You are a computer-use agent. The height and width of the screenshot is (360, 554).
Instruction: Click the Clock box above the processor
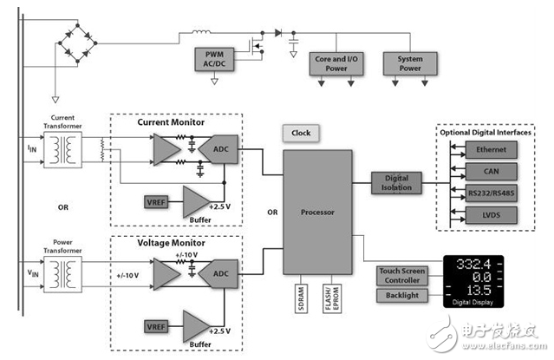pos(301,133)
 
